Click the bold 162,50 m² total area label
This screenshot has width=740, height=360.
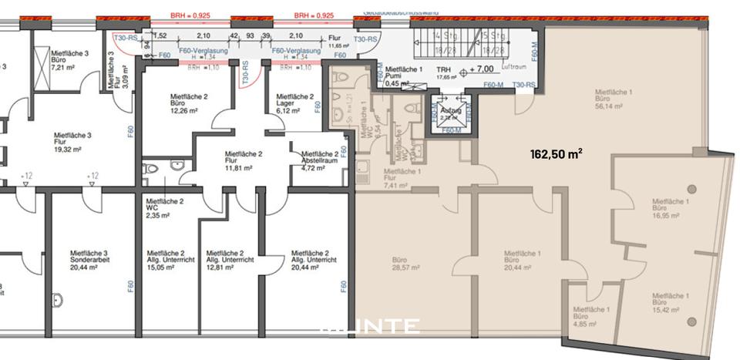556,153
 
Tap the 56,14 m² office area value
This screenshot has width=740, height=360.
614,107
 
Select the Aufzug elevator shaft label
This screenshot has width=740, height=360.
452,111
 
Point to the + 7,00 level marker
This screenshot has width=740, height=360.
481,69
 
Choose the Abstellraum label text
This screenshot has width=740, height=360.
319,160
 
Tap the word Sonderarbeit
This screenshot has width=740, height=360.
88,260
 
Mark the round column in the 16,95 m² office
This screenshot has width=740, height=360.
691,189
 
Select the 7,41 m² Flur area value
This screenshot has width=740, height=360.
401,185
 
